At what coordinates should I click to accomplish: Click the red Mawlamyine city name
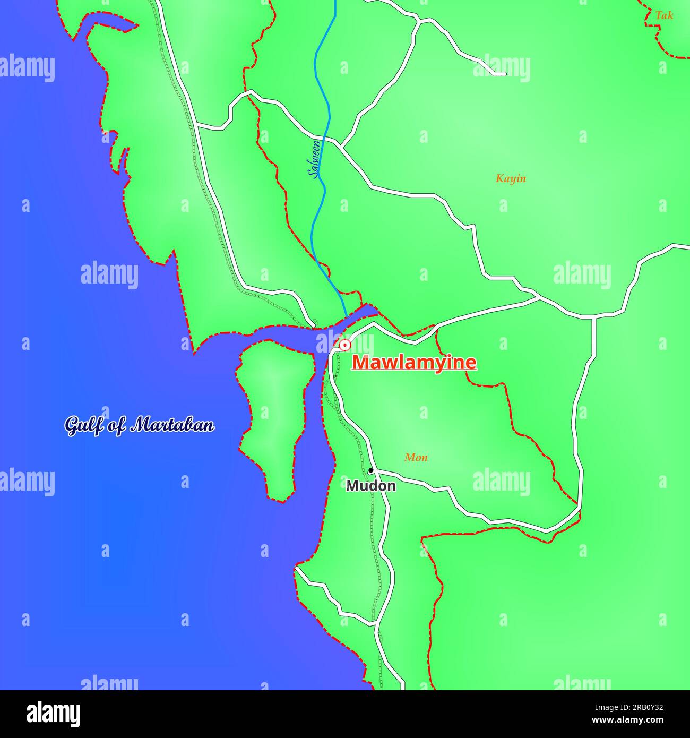(415, 363)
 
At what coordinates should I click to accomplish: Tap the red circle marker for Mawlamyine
(345, 345)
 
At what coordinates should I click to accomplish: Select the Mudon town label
(370, 486)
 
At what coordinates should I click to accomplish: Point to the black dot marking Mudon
(370, 470)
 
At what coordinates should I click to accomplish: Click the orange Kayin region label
(511, 178)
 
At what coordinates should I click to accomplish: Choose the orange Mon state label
(416, 457)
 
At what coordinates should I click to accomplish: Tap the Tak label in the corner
(664, 15)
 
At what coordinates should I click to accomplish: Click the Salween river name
(315, 159)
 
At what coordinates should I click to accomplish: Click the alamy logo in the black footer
(53, 714)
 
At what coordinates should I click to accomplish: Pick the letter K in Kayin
(499, 178)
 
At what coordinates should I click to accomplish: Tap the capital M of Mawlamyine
(361, 363)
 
